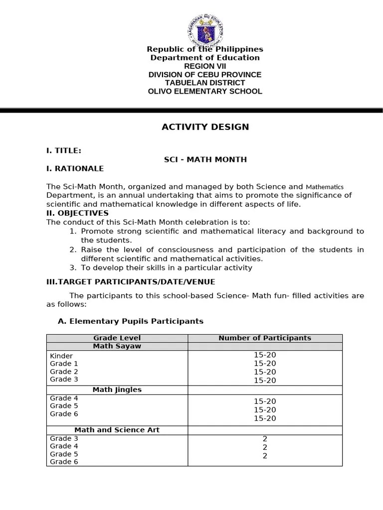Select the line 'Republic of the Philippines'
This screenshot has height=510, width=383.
click(x=204, y=49)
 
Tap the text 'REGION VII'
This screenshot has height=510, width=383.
click(x=204, y=66)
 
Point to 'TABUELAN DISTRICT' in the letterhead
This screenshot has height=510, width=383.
click(x=204, y=83)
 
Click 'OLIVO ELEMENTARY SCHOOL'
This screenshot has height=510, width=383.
click(x=204, y=91)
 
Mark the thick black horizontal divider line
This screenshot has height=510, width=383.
click(x=191, y=110)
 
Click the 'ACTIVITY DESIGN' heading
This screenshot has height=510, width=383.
click(x=205, y=127)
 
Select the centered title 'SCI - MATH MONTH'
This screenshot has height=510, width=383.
click(x=205, y=159)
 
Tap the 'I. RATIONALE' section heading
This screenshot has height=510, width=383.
click(x=75, y=168)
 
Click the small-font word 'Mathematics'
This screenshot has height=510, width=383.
click(x=324, y=187)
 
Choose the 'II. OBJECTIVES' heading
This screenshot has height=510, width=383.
click(x=77, y=213)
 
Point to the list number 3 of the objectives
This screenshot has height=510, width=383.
click(x=72, y=267)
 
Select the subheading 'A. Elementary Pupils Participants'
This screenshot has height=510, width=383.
click(x=131, y=321)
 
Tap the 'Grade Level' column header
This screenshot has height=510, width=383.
click(x=117, y=338)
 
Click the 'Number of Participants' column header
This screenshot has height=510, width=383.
click(x=264, y=338)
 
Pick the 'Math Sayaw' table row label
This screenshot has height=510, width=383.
click(x=117, y=346)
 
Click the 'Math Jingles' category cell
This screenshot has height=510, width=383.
click(x=117, y=389)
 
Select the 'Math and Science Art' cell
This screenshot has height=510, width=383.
click(x=117, y=430)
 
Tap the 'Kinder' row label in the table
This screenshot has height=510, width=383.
click(x=61, y=356)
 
